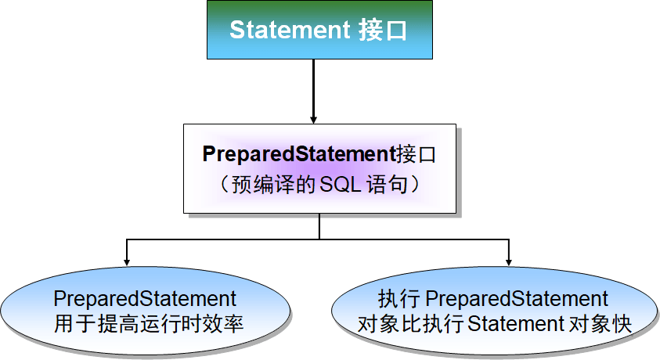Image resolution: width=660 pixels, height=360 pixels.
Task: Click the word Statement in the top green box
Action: tap(290, 30)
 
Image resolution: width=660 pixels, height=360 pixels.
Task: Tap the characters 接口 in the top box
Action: tap(383, 30)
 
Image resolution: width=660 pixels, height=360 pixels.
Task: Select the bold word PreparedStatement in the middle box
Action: tap(299, 154)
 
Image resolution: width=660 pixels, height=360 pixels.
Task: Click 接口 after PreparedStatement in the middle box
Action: tap(416, 154)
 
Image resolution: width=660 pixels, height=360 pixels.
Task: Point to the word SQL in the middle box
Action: tap(340, 184)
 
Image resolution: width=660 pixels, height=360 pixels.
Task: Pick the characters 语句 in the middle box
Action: tap(387, 184)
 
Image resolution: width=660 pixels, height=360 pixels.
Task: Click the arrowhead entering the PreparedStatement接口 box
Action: tap(313, 120)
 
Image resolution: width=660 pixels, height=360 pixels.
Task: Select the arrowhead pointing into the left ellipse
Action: tap(127, 262)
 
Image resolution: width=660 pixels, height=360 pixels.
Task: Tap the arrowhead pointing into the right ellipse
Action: tap(509, 262)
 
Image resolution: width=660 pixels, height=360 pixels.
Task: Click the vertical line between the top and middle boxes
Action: tap(313, 88)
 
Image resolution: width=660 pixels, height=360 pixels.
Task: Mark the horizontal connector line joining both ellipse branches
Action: tap(318, 239)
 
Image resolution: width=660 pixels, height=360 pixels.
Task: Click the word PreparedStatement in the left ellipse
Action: tap(145, 299)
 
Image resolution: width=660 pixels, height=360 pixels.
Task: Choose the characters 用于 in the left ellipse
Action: tap(75, 324)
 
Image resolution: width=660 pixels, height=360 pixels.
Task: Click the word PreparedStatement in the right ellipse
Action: tap(517, 299)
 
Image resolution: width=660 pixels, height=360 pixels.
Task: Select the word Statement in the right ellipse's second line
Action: tap(515, 324)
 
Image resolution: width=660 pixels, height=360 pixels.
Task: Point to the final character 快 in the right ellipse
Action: tap(622, 324)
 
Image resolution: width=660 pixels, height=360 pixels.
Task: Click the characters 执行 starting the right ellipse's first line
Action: tap(399, 299)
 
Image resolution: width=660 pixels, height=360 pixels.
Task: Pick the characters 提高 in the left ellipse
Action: tap(119, 324)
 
